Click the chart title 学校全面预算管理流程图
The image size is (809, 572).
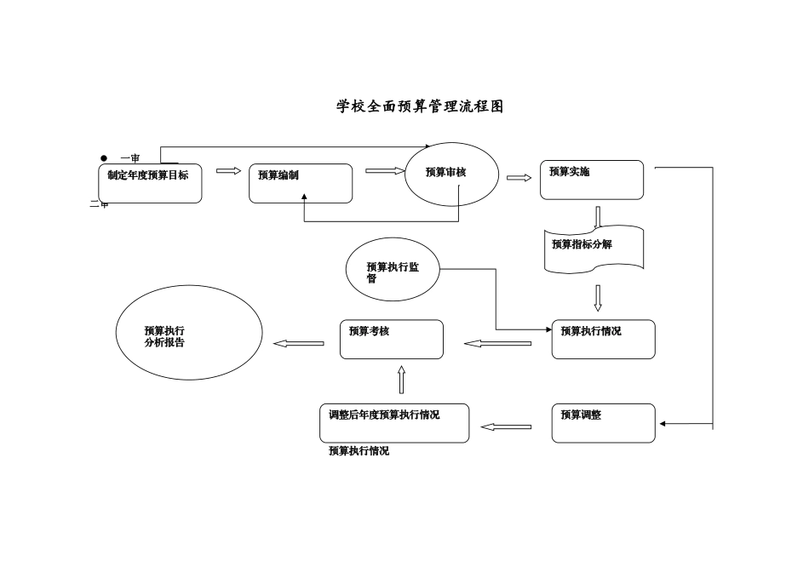[421, 106]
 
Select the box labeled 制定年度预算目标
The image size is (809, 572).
[150, 183]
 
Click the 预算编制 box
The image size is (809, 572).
[301, 183]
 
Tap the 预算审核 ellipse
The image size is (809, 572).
[450, 175]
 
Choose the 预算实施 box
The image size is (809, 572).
[592, 180]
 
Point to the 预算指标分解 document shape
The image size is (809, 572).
[594, 248]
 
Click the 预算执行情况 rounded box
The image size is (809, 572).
[603, 339]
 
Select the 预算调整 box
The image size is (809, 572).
[603, 423]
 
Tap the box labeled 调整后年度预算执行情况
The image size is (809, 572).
[394, 423]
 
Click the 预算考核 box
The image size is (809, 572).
[392, 339]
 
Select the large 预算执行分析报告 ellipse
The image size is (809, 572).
[189, 333]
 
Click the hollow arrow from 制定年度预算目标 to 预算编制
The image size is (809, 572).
[228, 171]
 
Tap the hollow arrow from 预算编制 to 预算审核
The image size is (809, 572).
[385, 171]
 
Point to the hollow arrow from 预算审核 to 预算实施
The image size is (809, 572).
[519, 178]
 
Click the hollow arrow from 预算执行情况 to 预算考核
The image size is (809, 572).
[497, 344]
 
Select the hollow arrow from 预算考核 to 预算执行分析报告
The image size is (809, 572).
[298, 344]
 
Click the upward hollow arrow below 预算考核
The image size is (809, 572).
[401, 380]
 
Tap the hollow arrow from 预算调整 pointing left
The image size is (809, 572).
[506, 426]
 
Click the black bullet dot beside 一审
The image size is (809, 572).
[104, 157]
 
